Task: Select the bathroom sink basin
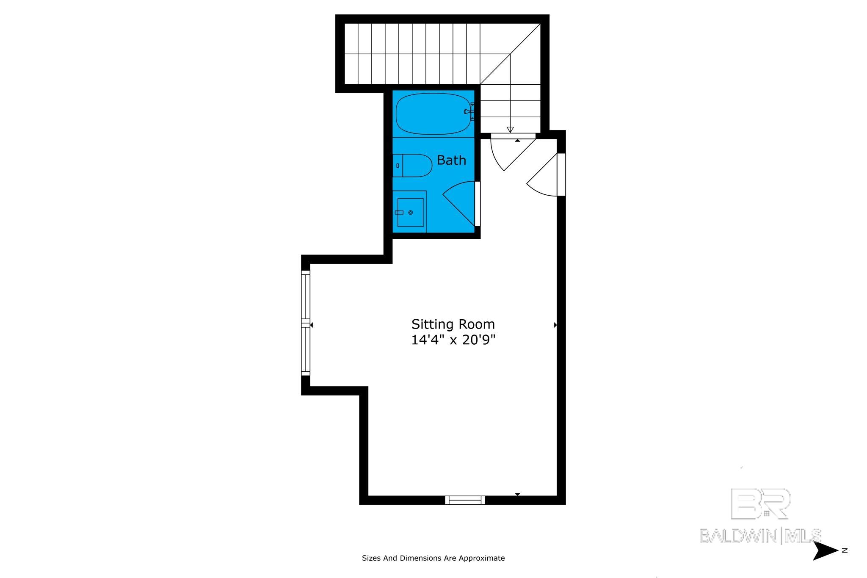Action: pyautogui.click(x=410, y=213)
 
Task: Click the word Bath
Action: pyautogui.click(x=451, y=160)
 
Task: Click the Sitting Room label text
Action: pyautogui.click(x=453, y=324)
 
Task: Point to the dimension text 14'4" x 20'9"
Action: pyautogui.click(x=453, y=340)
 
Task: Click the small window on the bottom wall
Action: pyautogui.click(x=465, y=500)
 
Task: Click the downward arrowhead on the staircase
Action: pyautogui.click(x=510, y=130)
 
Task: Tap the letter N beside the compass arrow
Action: pyautogui.click(x=845, y=550)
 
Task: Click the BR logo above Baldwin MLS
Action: pyautogui.click(x=760, y=504)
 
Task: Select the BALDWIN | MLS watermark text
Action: pyautogui.click(x=760, y=536)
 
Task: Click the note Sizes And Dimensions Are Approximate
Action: pyautogui.click(x=433, y=558)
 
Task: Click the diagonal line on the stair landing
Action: pyautogui.click(x=510, y=54)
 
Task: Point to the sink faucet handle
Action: pyautogui.click(x=399, y=213)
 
